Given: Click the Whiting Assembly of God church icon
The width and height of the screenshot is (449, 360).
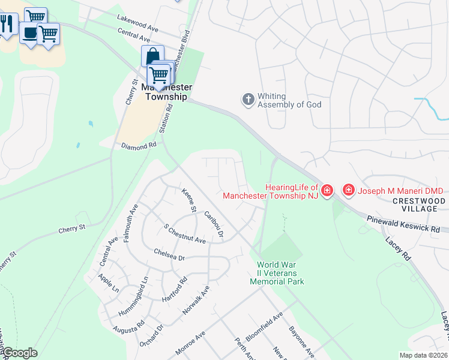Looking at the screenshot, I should pos(249,100).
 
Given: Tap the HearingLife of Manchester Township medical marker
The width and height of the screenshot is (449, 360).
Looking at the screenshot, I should pos(327,191).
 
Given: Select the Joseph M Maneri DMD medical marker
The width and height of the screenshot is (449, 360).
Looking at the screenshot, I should pos(348,190).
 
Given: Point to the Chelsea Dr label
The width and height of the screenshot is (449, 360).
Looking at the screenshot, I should pos(169,254).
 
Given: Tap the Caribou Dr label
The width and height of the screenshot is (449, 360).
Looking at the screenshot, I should pos(214,223).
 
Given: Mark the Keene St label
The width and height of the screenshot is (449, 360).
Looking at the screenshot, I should pos(189,200).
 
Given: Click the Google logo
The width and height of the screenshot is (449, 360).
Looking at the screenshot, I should pos(19,353).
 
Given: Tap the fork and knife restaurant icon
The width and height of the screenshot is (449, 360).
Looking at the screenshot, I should pos(7,24).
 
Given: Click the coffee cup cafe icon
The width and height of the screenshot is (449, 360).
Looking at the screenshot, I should pos(28,32).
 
